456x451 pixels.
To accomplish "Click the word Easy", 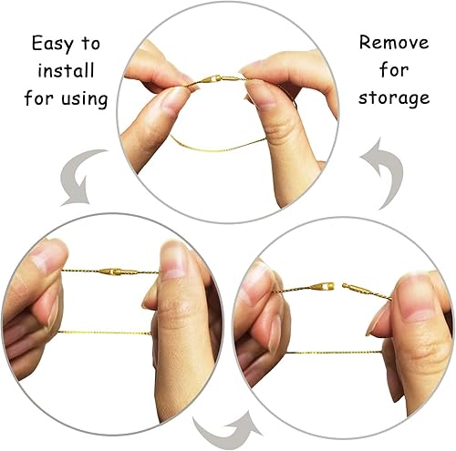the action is click(x=53, y=45).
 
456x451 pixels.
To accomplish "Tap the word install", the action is click(x=66, y=70).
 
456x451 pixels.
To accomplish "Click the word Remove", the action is click(x=394, y=43).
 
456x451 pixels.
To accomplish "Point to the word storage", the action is click(x=394, y=98).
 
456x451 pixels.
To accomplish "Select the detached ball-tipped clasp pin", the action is click(x=353, y=287).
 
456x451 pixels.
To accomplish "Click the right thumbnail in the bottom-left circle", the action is click(x=172, y=261).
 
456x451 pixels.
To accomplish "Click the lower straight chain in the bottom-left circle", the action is click(x=104, y=333).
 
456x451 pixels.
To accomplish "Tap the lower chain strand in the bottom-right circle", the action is click(x=334, y=353).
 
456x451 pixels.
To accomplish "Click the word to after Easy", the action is click(x=90, y=45).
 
